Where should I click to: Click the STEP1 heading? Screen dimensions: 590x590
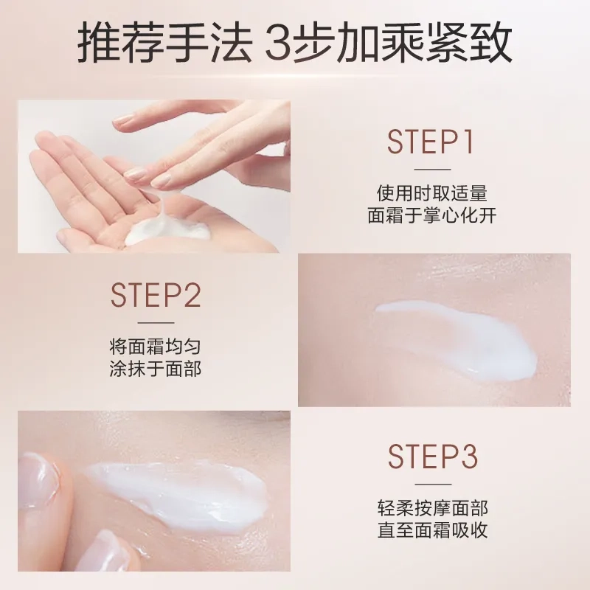pos(431,142)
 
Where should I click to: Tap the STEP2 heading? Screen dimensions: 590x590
pos(156,296)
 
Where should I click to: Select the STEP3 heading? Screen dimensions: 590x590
pos(433,457)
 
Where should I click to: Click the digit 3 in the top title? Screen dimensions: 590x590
pos(278,42)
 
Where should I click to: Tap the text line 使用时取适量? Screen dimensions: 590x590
pos(432,193)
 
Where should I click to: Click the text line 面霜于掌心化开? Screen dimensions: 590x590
pos(432,215)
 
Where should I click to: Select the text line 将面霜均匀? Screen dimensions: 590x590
pos(156,347)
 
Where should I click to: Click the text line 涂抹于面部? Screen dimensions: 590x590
pos(156,369)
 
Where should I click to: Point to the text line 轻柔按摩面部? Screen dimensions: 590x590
pos(433,508)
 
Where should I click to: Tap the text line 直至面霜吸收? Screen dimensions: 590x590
pos(433,530)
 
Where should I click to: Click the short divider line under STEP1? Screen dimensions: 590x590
pos(432,170)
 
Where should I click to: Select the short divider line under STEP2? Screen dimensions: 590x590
pos(156,323)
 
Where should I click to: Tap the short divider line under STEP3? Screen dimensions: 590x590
pos(433,485)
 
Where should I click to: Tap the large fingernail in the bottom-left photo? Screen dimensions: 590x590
pos(37,480)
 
